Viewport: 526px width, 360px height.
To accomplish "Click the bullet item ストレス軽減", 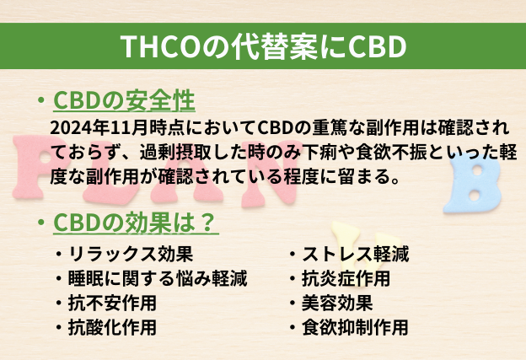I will point(355,254).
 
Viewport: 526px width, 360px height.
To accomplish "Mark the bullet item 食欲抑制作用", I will point(355,327).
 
